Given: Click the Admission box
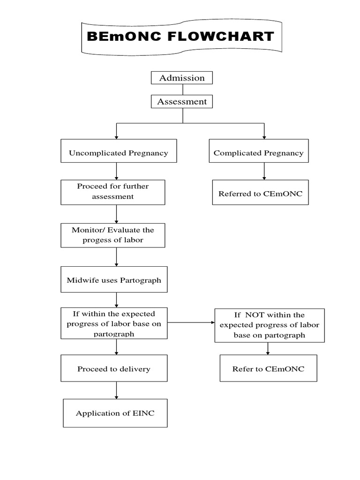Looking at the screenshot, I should [181, 78].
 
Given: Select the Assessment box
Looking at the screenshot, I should [182, 101].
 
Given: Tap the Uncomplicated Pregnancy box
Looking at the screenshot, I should [119, 153].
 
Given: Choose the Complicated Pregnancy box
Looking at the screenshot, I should [258, 153].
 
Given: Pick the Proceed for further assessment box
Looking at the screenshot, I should [112, 192].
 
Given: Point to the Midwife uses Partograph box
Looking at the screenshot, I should [114, 280].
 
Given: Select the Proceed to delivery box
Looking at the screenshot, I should [114, 369].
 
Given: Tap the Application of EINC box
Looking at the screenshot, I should [115, 413].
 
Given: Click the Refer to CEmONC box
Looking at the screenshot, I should [268, 369].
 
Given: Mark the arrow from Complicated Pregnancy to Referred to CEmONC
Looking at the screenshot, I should [264, 172].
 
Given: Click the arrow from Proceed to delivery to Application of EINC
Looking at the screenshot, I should [116, 390].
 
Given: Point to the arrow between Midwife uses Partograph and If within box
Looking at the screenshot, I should [116, 300].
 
